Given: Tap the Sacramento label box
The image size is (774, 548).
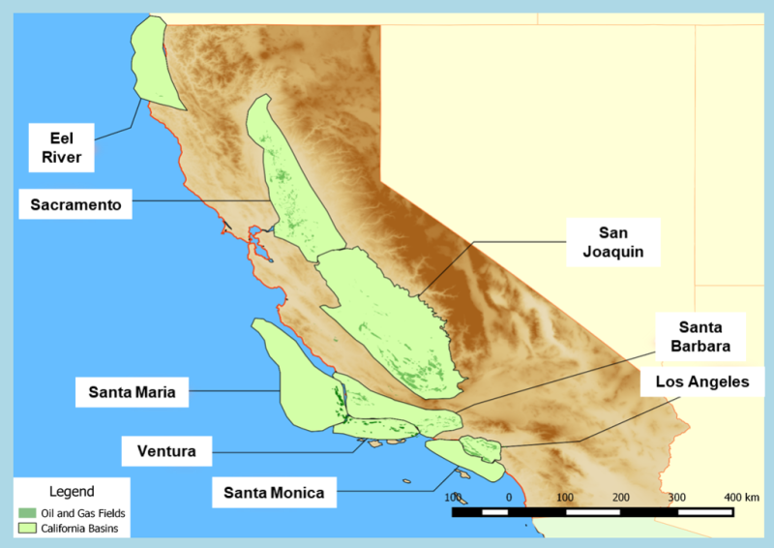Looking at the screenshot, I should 74,205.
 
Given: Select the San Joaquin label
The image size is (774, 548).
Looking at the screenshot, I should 614,242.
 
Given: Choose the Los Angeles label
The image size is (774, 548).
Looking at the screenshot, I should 702,382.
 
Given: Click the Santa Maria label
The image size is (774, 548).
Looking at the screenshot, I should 132,392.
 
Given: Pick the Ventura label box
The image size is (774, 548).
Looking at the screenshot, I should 166,451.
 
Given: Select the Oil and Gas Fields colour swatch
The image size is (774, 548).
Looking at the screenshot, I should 28,512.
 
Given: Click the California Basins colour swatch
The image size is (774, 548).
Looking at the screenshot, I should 28,529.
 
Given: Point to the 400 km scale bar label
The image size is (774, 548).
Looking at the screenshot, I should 741,497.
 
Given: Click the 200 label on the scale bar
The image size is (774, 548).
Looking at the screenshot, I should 620,497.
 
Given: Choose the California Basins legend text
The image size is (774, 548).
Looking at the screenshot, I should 78,529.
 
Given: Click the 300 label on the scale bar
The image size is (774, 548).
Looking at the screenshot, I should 676,497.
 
